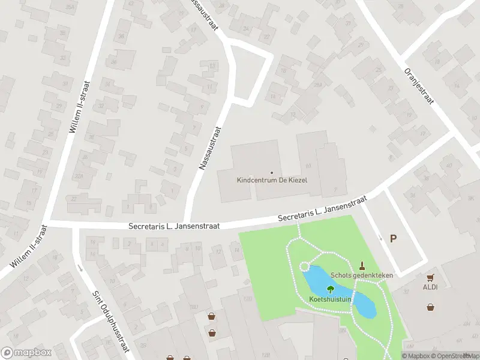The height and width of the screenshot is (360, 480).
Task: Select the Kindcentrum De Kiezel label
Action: tap(272, 180)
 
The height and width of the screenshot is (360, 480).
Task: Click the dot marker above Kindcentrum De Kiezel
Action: tap(272, 172)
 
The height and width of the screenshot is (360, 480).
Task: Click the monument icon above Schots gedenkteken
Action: tap(362, 265)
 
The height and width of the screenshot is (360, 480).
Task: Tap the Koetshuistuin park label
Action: tap(330, 299)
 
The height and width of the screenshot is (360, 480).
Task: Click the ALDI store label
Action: tap(430, 287)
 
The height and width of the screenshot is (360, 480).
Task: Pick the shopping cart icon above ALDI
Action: tap(430, 278)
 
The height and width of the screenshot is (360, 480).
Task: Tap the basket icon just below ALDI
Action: tap(431, 307)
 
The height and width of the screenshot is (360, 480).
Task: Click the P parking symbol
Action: tap(394, 238)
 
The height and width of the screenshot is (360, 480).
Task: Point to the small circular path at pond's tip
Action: tap(304, 268)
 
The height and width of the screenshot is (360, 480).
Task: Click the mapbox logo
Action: tap(26, 352)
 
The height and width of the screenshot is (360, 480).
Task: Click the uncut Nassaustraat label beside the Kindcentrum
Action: tap(210, 148)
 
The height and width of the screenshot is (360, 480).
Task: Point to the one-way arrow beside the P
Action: tap(380, 238)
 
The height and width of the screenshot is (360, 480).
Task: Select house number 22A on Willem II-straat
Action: tap(78, 176)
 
